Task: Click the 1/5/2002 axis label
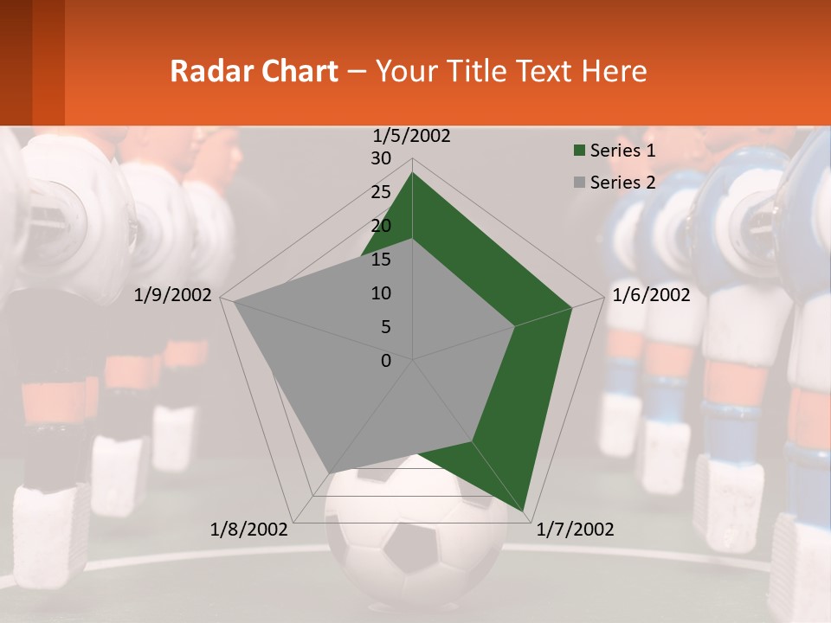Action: point(411,136)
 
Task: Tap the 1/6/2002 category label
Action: point(651,295)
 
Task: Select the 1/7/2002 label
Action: point(575,530)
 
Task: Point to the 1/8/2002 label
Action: point(248,530)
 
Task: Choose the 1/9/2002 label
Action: point(173,295)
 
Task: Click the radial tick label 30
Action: point(381,158)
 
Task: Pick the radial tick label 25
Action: point(381,192)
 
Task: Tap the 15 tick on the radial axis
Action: point(381,260)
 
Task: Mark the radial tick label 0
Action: point(386,360)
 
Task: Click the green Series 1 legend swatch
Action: point(579,151)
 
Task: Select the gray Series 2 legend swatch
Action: point(579,183)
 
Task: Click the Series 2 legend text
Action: point(622,183)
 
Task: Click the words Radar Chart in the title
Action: point(254,71)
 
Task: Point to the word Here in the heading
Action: point(615,71)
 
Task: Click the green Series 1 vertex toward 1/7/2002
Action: point(525,510)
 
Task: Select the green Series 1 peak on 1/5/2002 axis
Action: point(412,173)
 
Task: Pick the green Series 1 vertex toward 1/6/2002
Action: point(571,307)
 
